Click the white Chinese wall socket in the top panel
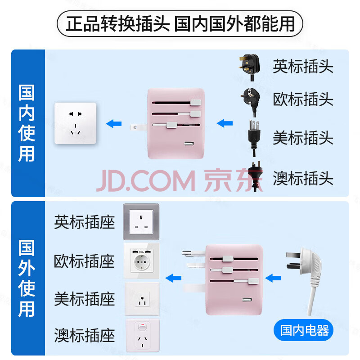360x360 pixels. tap(75, 123)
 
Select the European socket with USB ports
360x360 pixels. tap(141, 261)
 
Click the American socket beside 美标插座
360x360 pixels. tap(141, 298)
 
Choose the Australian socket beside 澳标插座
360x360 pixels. tap(141, 335)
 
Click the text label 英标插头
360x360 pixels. tap(303, 67)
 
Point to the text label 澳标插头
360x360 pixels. tap(303, 178)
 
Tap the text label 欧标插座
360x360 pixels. tap(85, 261)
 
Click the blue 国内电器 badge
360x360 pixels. tap(304, 331)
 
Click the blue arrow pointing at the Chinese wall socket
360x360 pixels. tap(114, 123)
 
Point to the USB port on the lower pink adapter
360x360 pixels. tap(247, 301)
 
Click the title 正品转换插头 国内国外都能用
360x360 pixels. tap(180, 23)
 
